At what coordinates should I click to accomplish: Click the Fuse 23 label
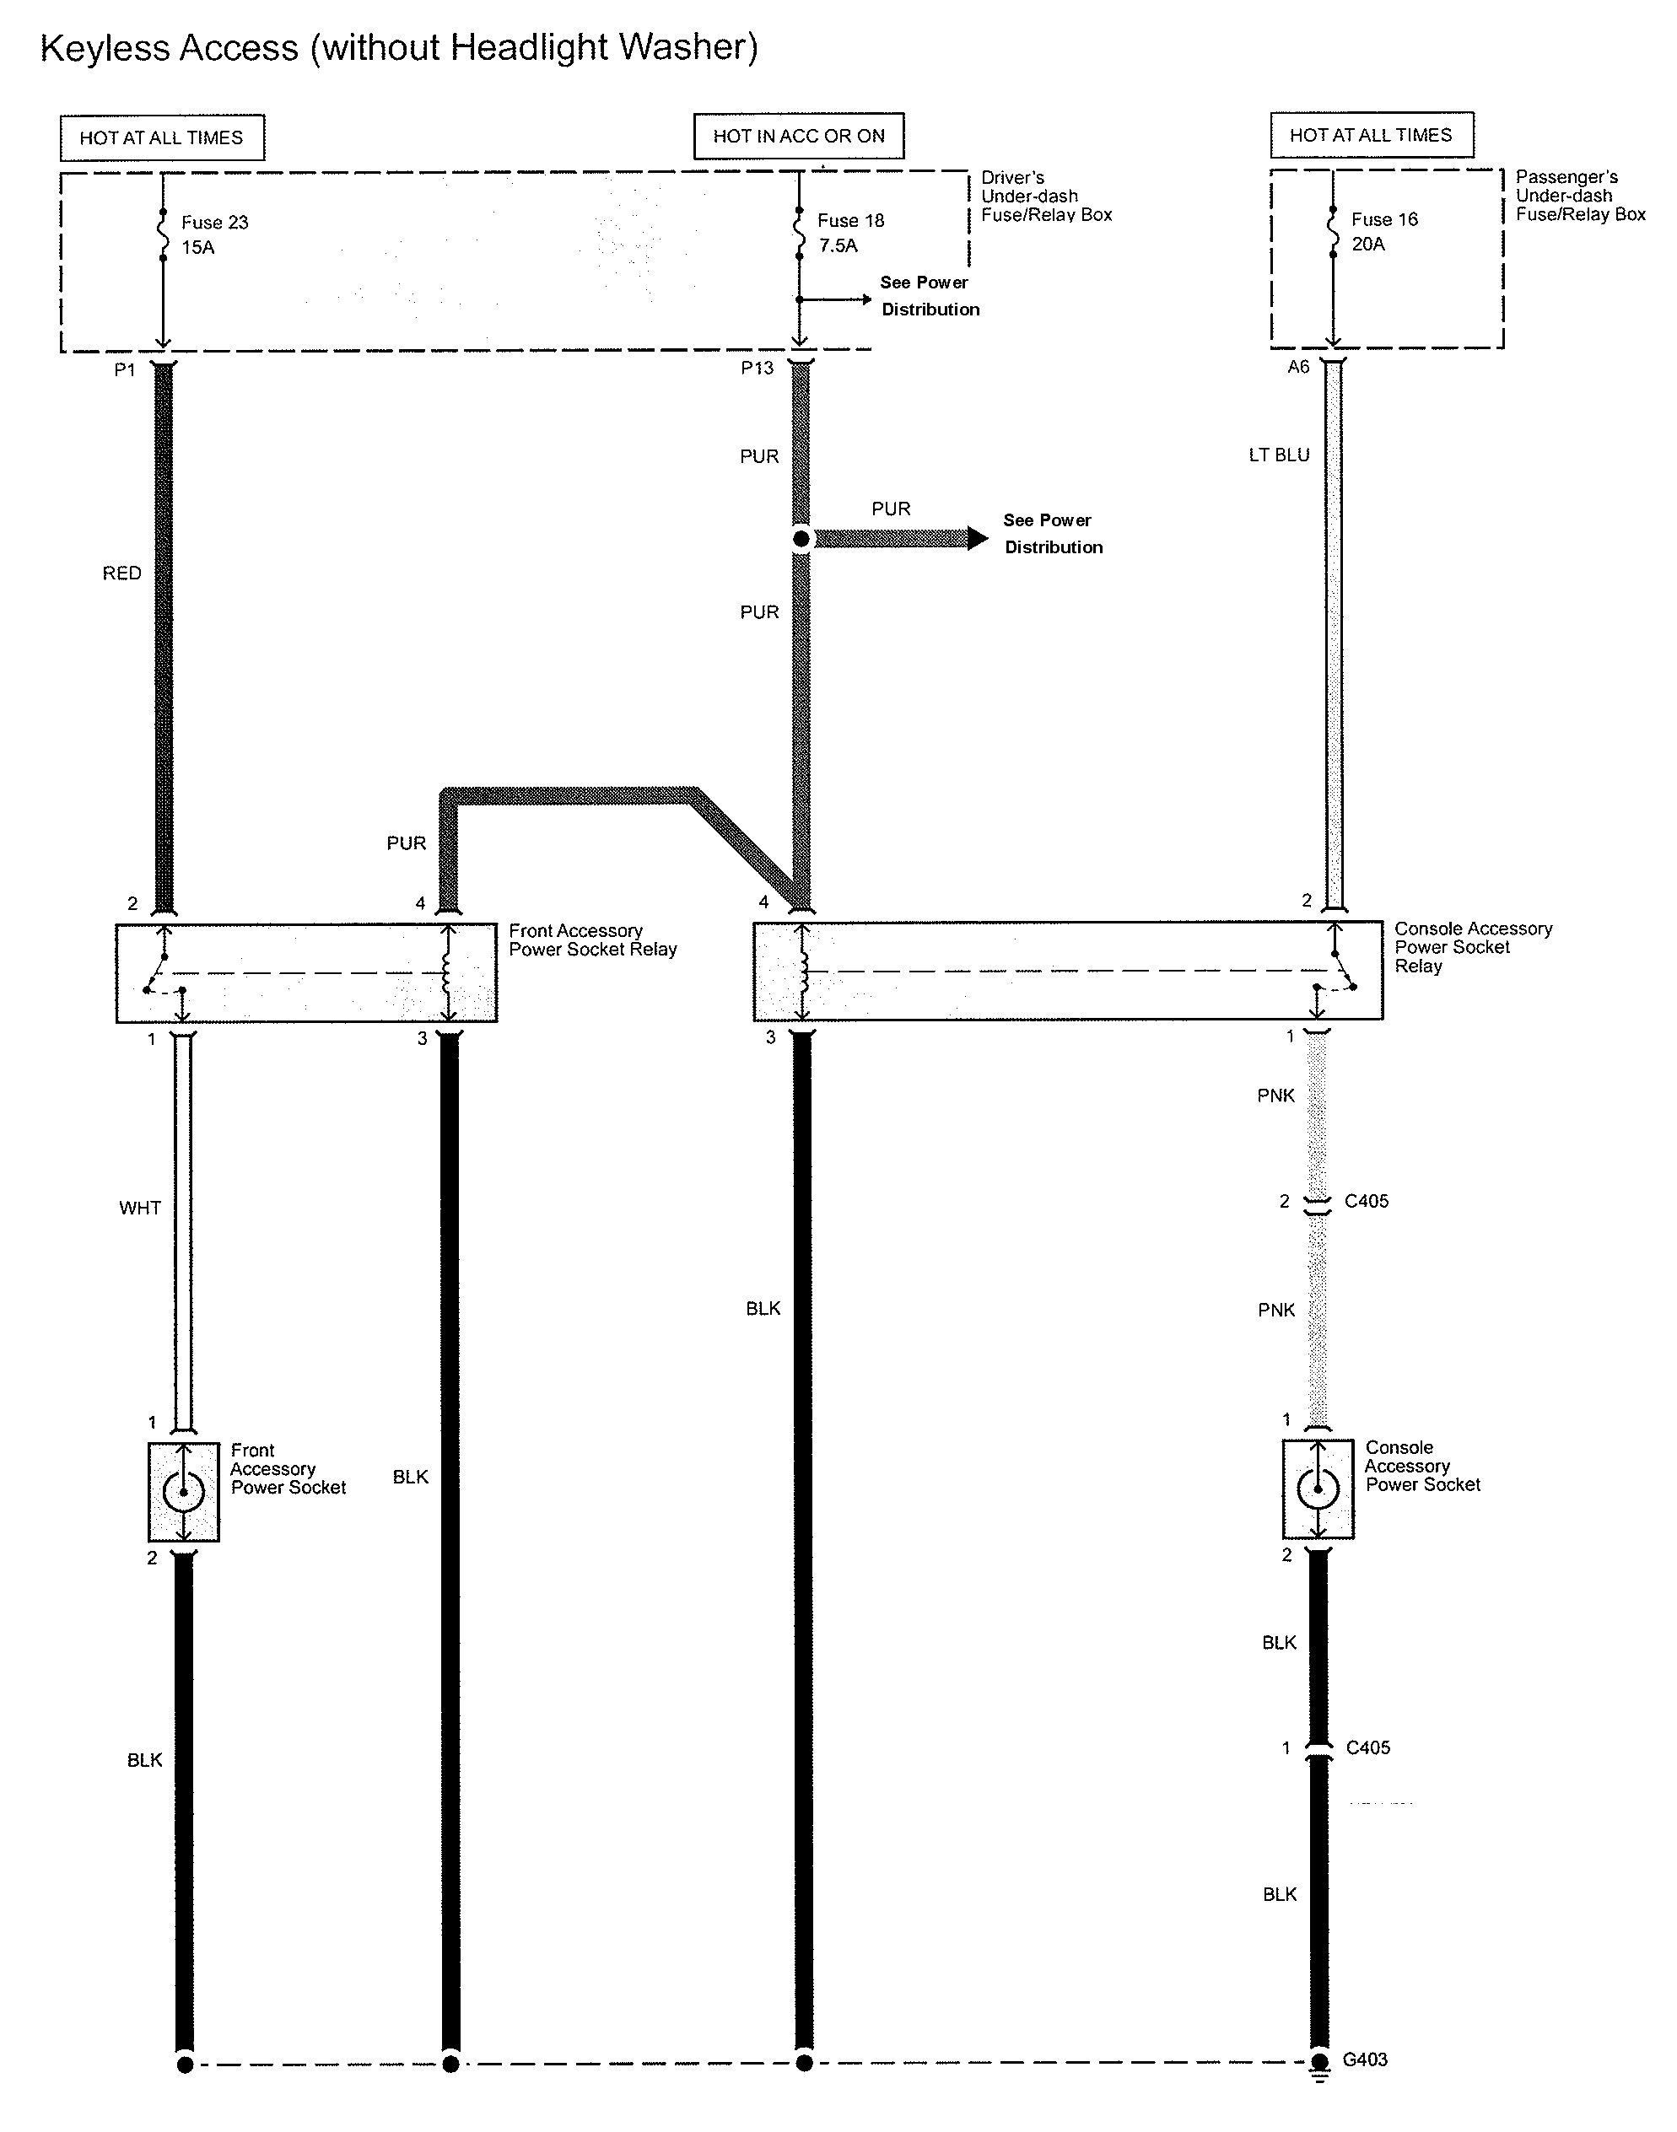click(214, 223)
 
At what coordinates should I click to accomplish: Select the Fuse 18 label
click(850, 221)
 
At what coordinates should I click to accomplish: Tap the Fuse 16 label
click(1384, 220)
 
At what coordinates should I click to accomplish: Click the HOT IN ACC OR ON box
click(798, 137)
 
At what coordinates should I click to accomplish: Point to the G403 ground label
click(1365, 2059)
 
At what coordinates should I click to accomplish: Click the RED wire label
click(121, 573)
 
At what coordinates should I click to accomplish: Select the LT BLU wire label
click(1278, 455)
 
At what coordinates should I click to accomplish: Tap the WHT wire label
click(139, 1209)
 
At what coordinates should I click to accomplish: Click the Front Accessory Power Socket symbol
click(184, 1492)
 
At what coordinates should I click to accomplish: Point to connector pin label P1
click(125, 370)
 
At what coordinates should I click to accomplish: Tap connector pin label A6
click(1298, 367)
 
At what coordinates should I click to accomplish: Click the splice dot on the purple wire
click(801, 539)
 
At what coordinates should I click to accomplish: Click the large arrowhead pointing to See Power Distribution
click(977, 538)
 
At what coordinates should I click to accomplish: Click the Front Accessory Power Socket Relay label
click(592, 940)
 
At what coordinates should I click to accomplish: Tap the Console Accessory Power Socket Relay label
click(1473, 947)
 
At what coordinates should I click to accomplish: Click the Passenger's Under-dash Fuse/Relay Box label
click(1580, 197)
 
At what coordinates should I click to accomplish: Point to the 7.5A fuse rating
click(838, 246)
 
